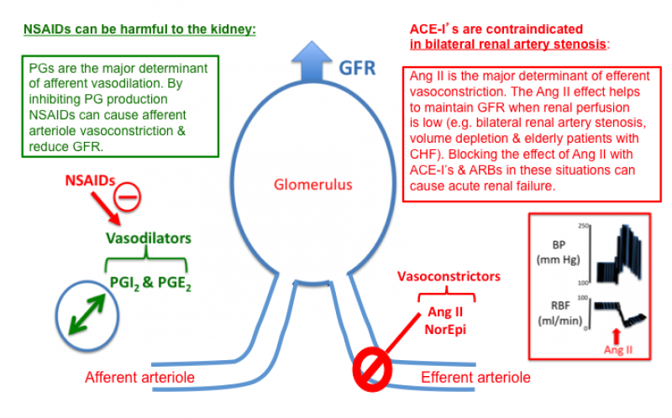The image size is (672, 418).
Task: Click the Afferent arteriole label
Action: click(140, 378)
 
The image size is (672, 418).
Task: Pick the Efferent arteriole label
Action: click(475, 378)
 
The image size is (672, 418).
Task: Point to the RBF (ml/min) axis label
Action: click(558, 314)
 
